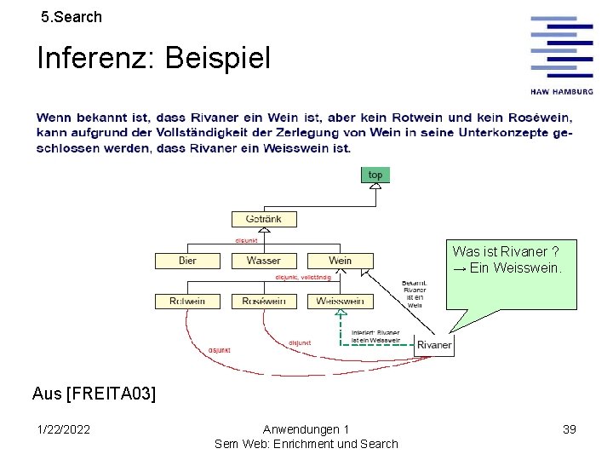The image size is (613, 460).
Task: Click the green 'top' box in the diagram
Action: pyautogui.click(x=375, y=175)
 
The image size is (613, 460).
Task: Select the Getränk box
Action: pyautogui.click(x=263, y=219)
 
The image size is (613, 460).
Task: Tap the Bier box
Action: pyautogui.click(x=188, y=261)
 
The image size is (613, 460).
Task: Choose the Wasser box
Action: pyautogui.click(x=263, y=261)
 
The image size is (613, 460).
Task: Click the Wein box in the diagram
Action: pyautogui.click(x=340, y=261)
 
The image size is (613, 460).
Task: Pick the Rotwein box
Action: pyautogui.click(x=187, y=301)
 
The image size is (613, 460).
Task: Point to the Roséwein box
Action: pyautogui.click(x=263, y=301)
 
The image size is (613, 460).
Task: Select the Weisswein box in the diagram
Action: pyautogui.click(x=340, y=301)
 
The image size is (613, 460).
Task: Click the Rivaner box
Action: pyautogui.click(x=434, y=345)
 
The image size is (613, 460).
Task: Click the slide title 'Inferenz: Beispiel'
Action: pyautogui.click(x=153, y=59)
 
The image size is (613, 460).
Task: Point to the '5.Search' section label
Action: pyautogui.click(x=72, y=16)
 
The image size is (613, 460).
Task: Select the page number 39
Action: pyautogui.click(x=569, y=429)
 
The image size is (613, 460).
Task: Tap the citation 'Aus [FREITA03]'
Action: pyautogui.click(x=94, y=394)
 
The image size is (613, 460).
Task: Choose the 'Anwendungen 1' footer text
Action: pyautogui.click(x=306, y=429)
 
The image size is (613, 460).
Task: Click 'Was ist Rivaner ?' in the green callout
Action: pyautogui.click(x=506, y=251)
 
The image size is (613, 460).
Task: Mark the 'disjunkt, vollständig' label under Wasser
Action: pyautogui.click(x=303, y=278)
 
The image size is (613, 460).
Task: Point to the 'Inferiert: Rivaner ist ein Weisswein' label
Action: pyautogui.click(x=375, y=336)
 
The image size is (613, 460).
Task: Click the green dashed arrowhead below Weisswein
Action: pyautogui.click(x=341, y=313)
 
